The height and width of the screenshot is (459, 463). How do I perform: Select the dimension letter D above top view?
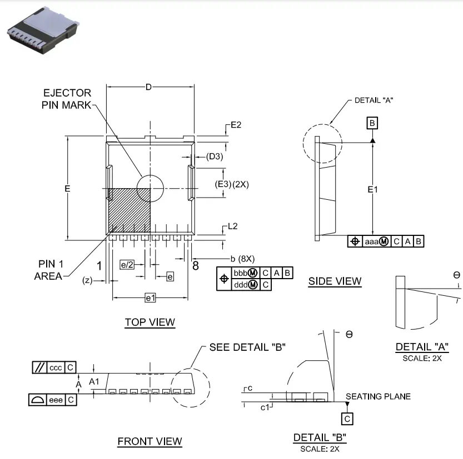[148, 87]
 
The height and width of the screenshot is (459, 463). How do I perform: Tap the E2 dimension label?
[236, 125]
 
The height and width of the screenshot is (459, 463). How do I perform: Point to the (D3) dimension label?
[214, 157]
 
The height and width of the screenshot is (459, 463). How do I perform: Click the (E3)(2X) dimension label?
[232, 184]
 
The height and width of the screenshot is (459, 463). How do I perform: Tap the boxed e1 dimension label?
[150, 298]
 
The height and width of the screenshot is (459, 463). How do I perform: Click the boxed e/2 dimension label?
[127, 265]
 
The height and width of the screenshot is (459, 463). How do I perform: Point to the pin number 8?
[195, 265]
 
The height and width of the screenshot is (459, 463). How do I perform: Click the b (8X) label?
[242, 259]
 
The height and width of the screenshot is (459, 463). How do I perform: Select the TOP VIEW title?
[150, 322]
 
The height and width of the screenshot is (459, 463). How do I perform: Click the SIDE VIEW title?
[335, 281]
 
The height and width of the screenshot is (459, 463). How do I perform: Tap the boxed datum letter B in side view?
[372, 123]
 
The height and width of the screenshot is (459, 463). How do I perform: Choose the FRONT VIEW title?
[150, 441]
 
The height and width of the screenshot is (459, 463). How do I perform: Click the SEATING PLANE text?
[378, 396]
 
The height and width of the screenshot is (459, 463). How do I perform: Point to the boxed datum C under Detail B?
[347, 418]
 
